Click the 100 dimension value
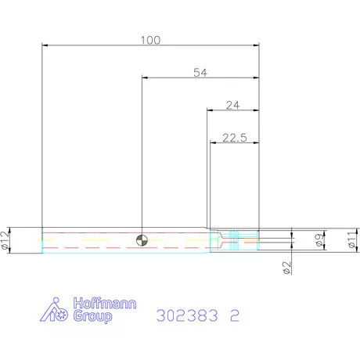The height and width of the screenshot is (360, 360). tap(152, 39)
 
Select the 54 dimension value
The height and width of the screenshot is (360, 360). tap(200, 72)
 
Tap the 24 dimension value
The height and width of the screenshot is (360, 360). tap(232, 104)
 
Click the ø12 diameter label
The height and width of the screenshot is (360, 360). tap(6, 240)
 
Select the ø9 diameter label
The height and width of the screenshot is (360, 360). tap(319, 241)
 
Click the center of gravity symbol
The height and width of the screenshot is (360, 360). tap(142, 239)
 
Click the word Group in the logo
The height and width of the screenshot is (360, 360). tap(92, 317)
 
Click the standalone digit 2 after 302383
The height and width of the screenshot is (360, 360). tap(234, 317)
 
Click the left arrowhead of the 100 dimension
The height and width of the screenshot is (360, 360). tap(45, 45)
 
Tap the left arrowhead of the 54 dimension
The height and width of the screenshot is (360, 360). tap(145, 78)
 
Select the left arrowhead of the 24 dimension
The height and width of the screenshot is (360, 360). tap(210, 110)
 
